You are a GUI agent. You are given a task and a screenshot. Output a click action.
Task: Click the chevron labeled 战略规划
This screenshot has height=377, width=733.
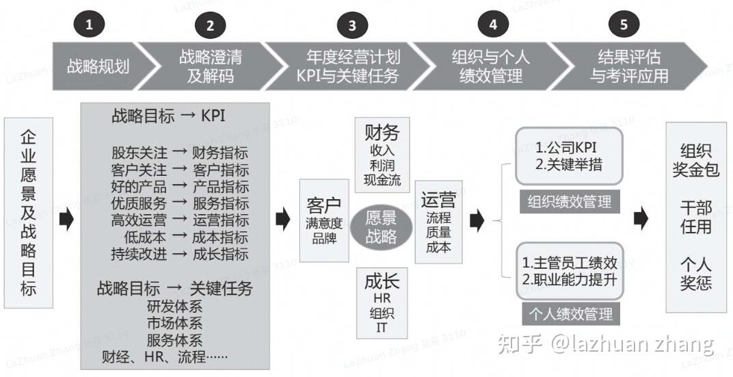[x=98, y=66]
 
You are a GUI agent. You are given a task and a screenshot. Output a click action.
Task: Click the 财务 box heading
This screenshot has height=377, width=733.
[x=382, y=132]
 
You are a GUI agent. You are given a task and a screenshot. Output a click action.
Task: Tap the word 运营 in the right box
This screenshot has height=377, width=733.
[x=438, y=201]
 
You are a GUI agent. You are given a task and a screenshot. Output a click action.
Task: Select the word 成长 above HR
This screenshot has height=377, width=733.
[x=382, y=281]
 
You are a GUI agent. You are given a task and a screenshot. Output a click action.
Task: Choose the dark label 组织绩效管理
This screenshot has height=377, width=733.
[x=569, y=202]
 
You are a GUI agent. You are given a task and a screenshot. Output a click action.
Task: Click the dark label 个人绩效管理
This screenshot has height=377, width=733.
[x=570, y=315]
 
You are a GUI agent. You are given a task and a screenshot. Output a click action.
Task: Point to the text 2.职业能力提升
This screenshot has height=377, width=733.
[x=570, y=279]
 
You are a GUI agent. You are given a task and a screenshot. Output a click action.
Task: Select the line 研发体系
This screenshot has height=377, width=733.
[x=174, y=306]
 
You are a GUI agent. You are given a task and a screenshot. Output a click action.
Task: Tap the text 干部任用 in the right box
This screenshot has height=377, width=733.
[x=696, y=216]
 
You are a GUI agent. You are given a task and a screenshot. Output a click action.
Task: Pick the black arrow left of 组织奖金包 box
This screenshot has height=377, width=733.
[x=640, y=219]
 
